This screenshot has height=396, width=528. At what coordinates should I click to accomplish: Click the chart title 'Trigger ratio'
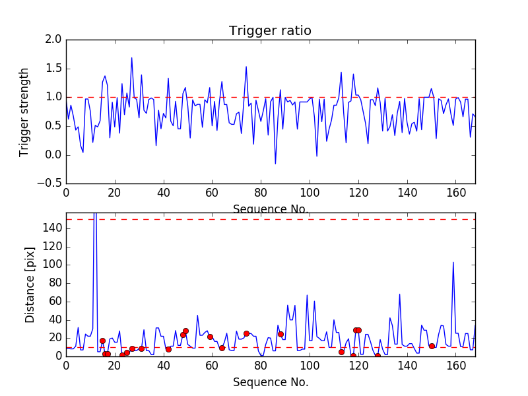pos(270,31)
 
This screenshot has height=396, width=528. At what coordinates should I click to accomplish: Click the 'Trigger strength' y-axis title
pos(24,112)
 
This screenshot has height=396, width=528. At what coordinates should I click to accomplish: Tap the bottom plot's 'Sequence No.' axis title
pos(270,382)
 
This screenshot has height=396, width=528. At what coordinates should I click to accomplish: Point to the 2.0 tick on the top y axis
pos(55,40)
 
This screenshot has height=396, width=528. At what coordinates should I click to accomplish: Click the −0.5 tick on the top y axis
pos(51,184)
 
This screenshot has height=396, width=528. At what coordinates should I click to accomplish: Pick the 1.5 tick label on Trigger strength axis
pos(55,69)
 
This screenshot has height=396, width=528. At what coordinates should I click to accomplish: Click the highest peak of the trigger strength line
pos(131,57)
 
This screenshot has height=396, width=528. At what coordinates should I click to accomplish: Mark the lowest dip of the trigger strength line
pos(275,164)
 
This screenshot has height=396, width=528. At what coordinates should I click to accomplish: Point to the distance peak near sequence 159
pos(453,262)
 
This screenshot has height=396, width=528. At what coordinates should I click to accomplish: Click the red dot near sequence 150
pos(432,346)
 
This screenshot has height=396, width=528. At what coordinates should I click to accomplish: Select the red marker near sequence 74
pos(246,333)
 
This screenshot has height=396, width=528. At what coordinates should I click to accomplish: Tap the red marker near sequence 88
pos(280,334)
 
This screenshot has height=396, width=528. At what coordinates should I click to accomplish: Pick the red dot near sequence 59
pos(210,337)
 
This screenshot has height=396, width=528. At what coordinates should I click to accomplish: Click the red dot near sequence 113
pos(341,352)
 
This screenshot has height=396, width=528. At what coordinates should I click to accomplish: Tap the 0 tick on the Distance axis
pos(57,356)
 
